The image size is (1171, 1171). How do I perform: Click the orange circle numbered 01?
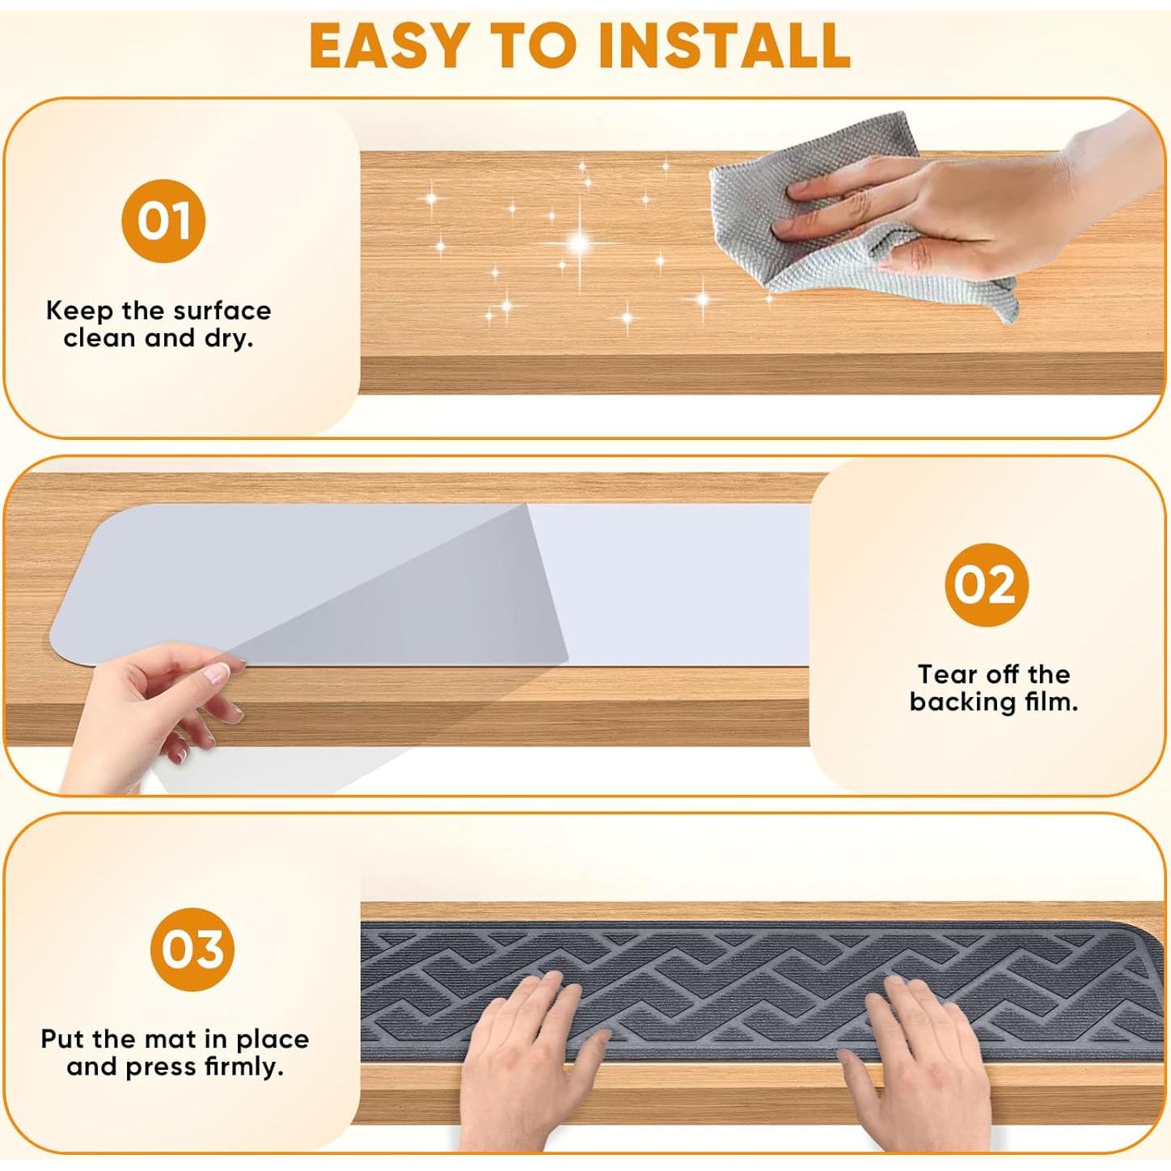163,222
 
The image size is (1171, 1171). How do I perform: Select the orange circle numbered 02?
987,585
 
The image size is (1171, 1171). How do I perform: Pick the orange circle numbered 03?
192,949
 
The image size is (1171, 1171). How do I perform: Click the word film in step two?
1050,702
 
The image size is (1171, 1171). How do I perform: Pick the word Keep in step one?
79,311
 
